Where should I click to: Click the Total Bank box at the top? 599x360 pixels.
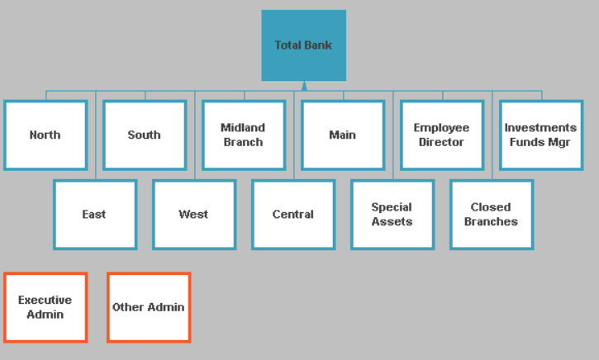303,45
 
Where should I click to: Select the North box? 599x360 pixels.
45,135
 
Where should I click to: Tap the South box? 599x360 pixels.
145,135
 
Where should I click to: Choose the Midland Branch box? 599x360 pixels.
244,135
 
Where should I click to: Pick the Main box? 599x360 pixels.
343,135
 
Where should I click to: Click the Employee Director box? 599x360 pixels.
442,135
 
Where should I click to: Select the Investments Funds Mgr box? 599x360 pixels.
541,135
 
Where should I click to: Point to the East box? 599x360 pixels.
95,215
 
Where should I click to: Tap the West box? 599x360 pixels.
194,215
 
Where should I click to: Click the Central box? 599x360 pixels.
293,215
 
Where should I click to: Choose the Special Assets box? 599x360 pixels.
392,215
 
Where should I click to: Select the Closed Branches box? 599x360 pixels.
492,215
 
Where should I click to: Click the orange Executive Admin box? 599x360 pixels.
45,307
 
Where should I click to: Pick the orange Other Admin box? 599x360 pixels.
149,307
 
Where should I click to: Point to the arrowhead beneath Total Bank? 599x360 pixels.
304,85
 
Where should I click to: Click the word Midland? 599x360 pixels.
243,128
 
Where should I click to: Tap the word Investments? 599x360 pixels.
540,128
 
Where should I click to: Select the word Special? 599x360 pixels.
392,207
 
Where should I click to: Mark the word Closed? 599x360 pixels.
491,207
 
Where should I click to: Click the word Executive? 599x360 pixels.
45,301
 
